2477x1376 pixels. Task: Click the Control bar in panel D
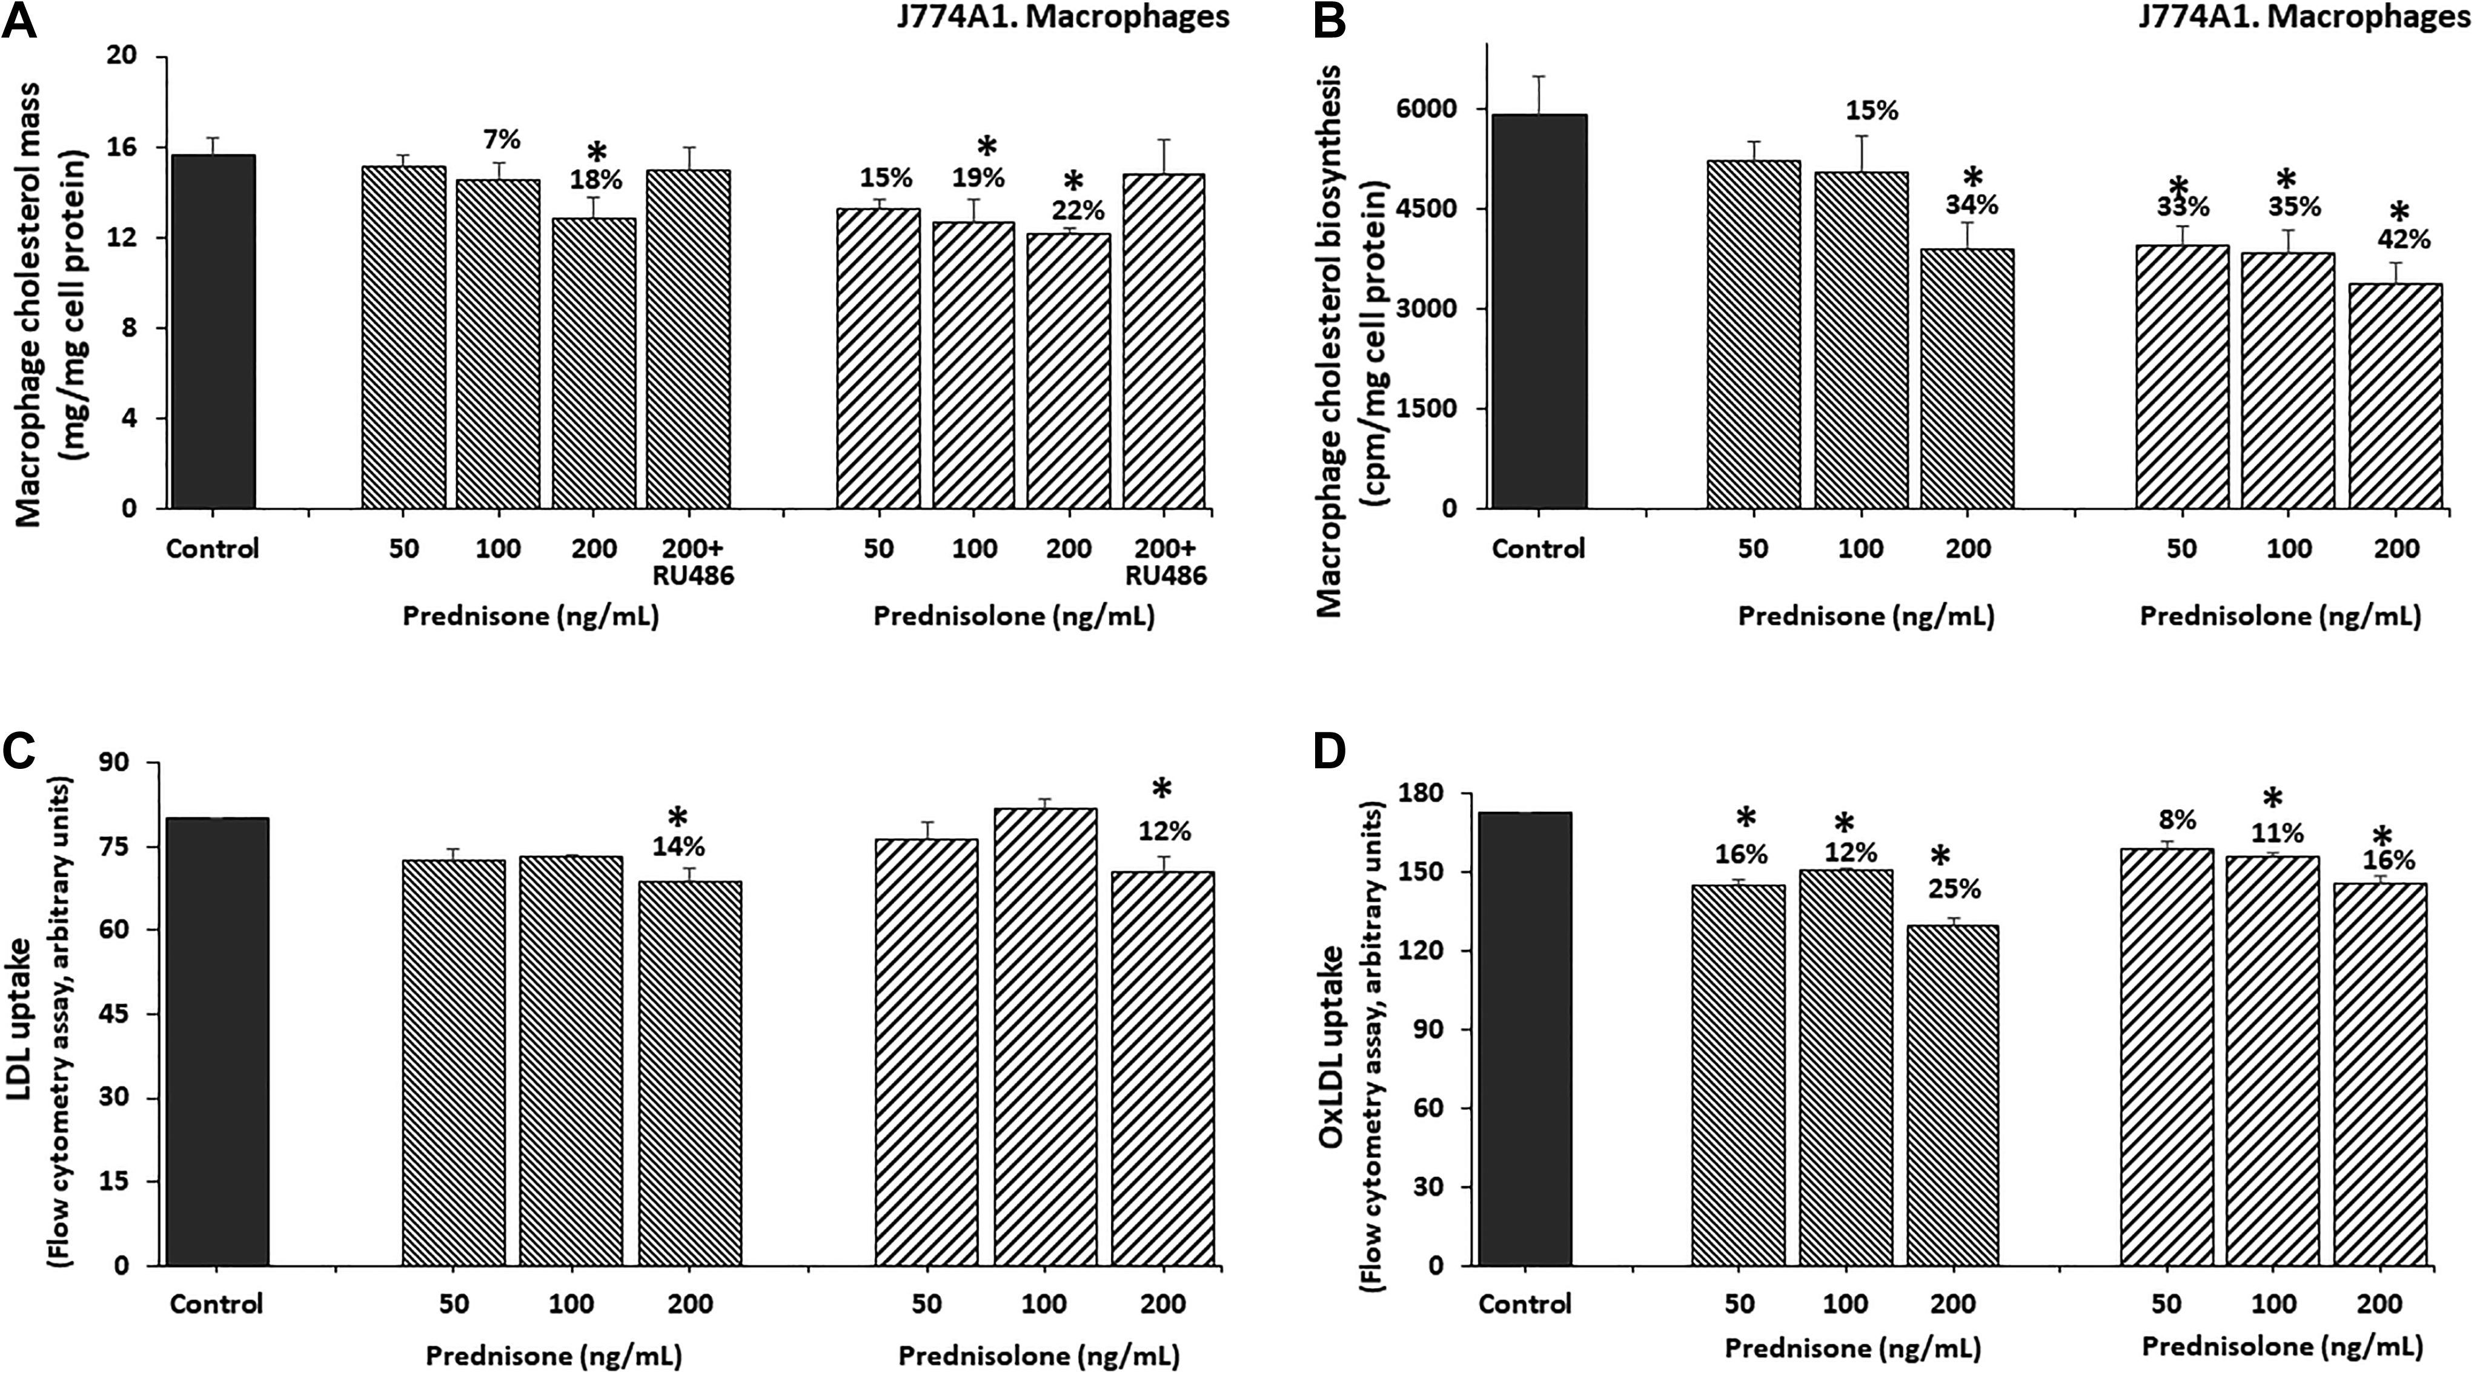coord(1524,1039)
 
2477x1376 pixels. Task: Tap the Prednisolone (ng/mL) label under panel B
coord(2280,616)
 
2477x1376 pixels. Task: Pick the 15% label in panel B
coord(1871,111)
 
